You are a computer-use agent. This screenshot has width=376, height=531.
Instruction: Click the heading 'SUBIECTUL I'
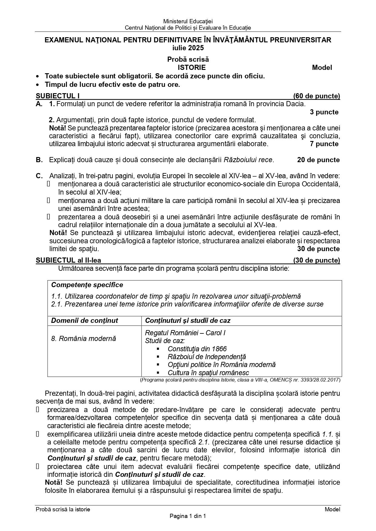pyautogui.click(x=58, y=96)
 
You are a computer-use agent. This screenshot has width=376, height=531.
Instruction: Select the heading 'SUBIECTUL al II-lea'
pyautogui.click(x=68, y=260)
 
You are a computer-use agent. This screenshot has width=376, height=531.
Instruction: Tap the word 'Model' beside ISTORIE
pyautogui.click(x=322, y=67)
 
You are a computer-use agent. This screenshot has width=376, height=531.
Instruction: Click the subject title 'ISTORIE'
pyautogui.click(x=191, y=67)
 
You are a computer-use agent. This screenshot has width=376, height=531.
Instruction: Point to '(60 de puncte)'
pyautogui.click(x=317, y=96)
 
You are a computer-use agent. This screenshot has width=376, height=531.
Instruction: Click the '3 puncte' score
pyautogui.click(x=324, y=112)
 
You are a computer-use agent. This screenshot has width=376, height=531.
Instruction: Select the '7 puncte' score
pyautogui.click(x=324, y=144)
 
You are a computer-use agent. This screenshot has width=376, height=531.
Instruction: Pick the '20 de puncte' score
pyautogui.click(x=318, y=160)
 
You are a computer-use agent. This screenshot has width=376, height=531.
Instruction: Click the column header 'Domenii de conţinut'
pyautogui.click(x=85, y=321)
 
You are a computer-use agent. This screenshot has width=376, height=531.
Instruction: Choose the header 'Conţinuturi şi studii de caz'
pyautogui.click(x=188, y=321)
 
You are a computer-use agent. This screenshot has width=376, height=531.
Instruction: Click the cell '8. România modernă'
pyautogui.click(x=84, y=339)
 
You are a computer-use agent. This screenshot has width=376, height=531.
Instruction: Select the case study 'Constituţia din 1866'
pyautogui.click(x=197, y=349)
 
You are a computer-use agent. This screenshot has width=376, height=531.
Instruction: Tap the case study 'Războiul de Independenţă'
pyautogui.click(x=207, y=357)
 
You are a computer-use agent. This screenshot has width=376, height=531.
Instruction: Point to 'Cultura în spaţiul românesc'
pyautogui.click(x=208, y=373)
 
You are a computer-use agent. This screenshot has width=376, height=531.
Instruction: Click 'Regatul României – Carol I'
pyautogui.click(x=185, y=333)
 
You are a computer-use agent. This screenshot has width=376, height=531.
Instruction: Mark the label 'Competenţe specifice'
pyautogui.click(x=87, y=285)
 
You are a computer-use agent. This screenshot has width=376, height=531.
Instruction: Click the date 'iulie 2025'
pyautogui.click(x=188, y=48)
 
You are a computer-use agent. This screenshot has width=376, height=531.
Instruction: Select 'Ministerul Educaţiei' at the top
pyautogui.click(x=188, y=21)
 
